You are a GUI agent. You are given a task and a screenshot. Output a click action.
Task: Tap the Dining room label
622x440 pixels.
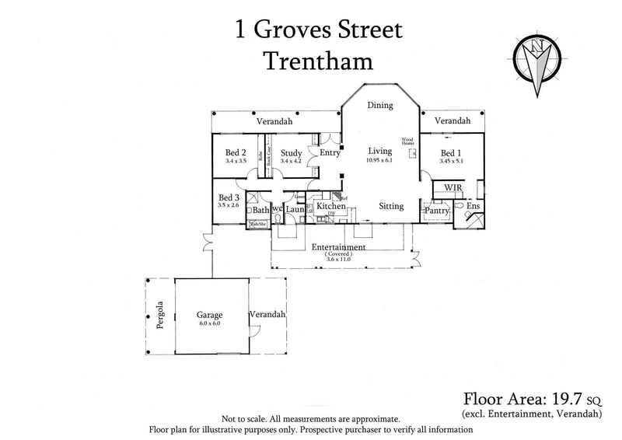pyautogui.click(x=380, y=105)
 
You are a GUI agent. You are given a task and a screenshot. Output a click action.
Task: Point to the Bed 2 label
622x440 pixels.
pyautogui.click(x=236, y=153)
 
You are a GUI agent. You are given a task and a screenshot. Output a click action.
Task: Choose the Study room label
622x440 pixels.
pyautogui.click(x=291, y=153)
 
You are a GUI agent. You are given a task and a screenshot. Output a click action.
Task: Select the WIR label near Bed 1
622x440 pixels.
pyautogui.click(x=453, y=188)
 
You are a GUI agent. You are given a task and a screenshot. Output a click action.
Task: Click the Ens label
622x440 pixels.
pyautogui.click(x=472, y=207)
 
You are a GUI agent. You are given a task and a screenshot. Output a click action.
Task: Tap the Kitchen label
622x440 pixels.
pyautogui.click(x=330, y=207)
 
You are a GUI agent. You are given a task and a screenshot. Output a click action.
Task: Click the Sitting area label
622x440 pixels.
pyautogui.click(x=391, y=207)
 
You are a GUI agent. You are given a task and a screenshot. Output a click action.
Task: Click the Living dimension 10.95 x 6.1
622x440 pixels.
pyautogui.click(x=380, y=161)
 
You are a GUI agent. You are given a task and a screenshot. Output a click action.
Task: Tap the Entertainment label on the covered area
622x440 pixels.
pyautogui.click(x=339, y=247)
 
